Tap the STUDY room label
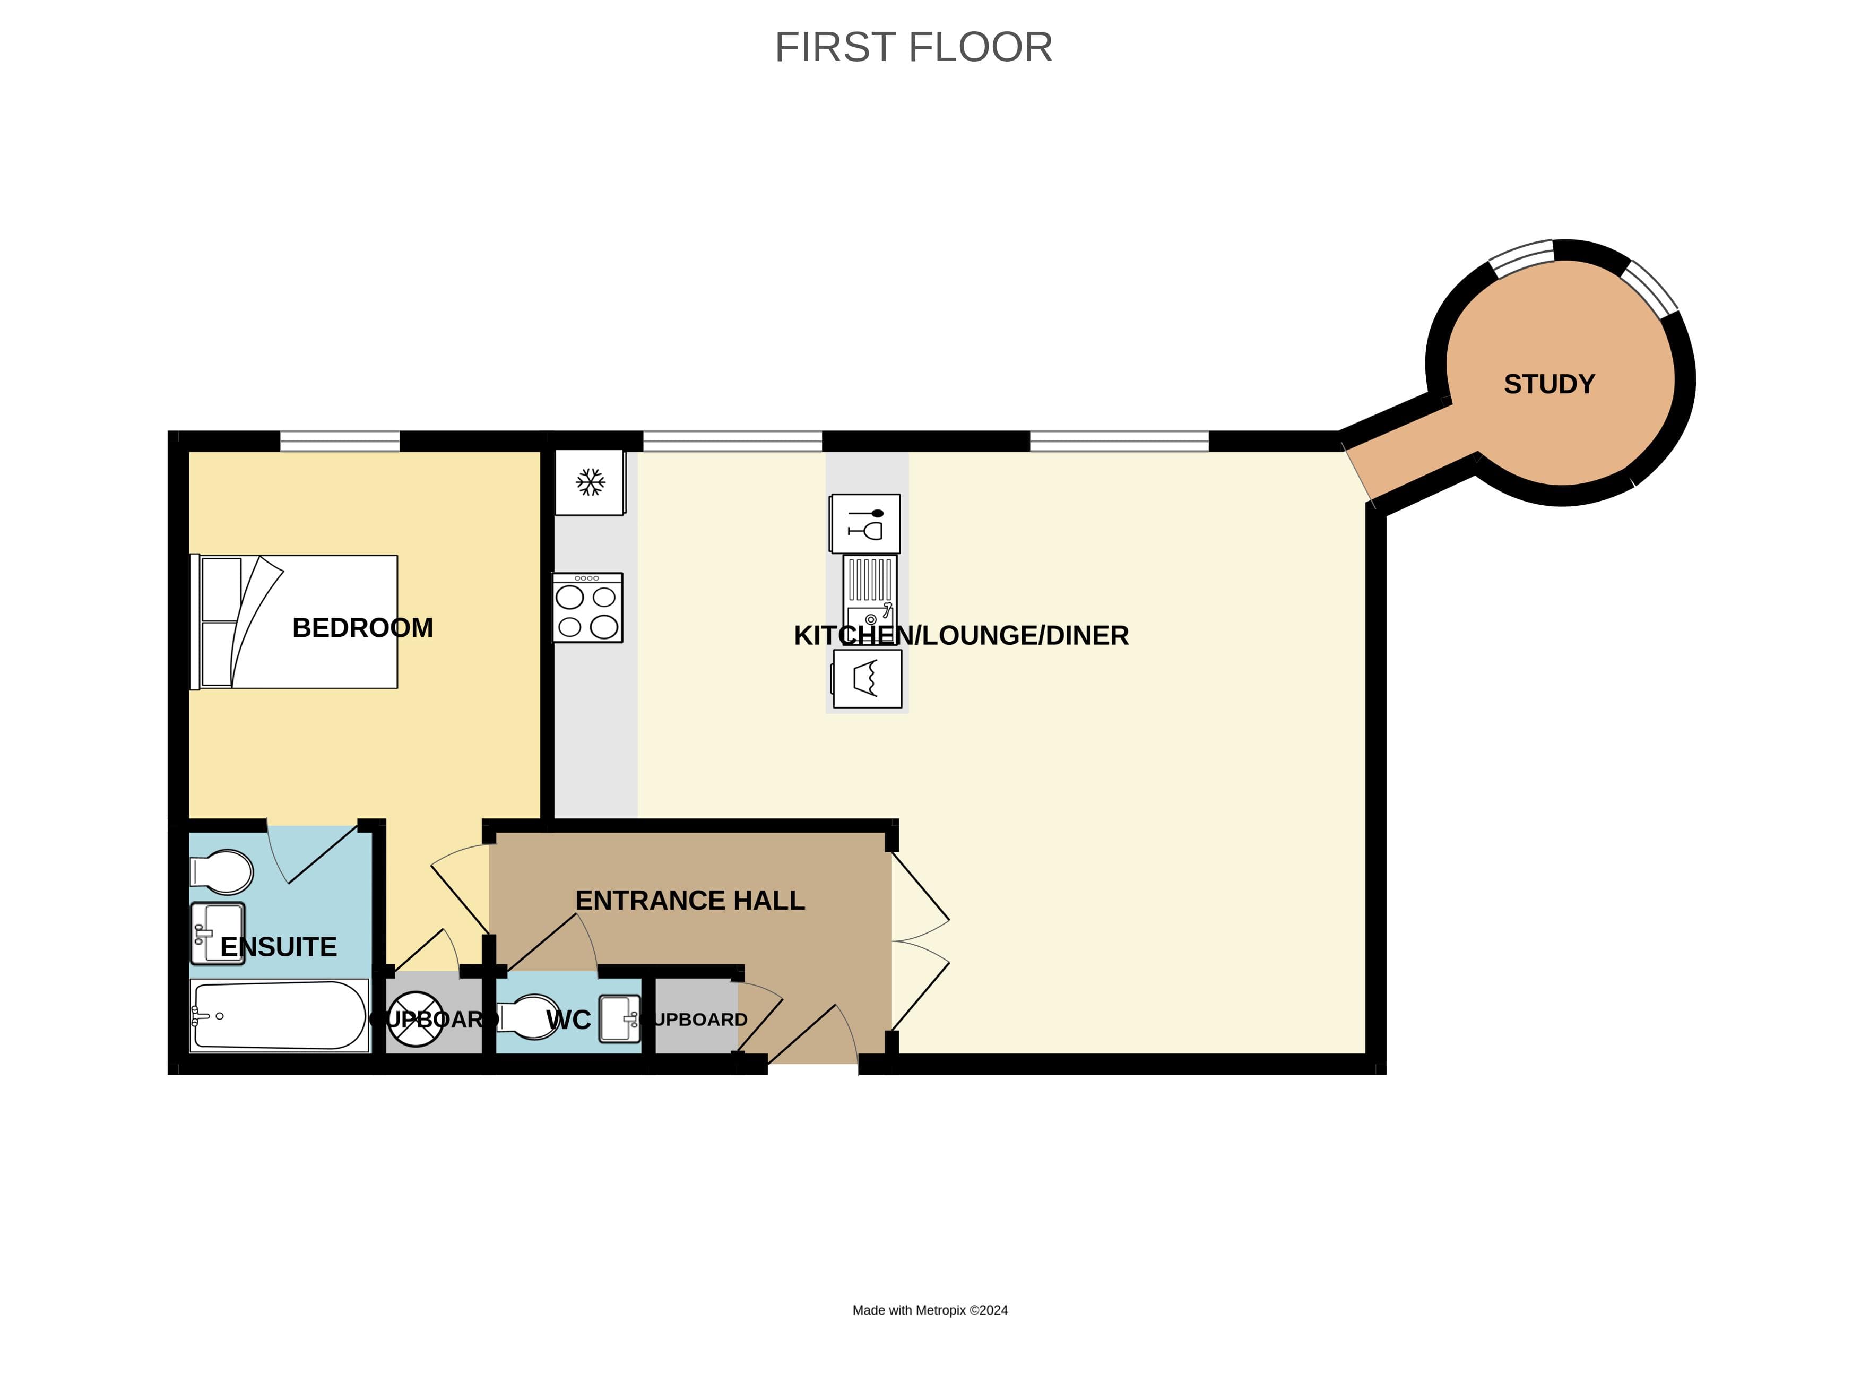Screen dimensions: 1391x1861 [x=1549, y=384]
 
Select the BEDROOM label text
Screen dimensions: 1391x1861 [x=362, y=628]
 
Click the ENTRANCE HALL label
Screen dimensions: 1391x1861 [x=690, y=901]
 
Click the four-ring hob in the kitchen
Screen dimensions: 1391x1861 [x=587, y=608]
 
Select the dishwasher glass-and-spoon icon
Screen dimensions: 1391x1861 [x=865, y=523]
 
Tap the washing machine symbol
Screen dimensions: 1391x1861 [x=868, y=678]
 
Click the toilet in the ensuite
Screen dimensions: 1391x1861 [x=223, y=871]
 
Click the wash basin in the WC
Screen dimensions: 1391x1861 [x=620, y=1019]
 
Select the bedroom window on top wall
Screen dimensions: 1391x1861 [x=340, y=441]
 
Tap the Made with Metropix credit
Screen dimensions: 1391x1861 [x=930, y=1310]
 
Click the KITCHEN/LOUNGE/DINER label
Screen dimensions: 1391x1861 [x=961, y=635]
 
